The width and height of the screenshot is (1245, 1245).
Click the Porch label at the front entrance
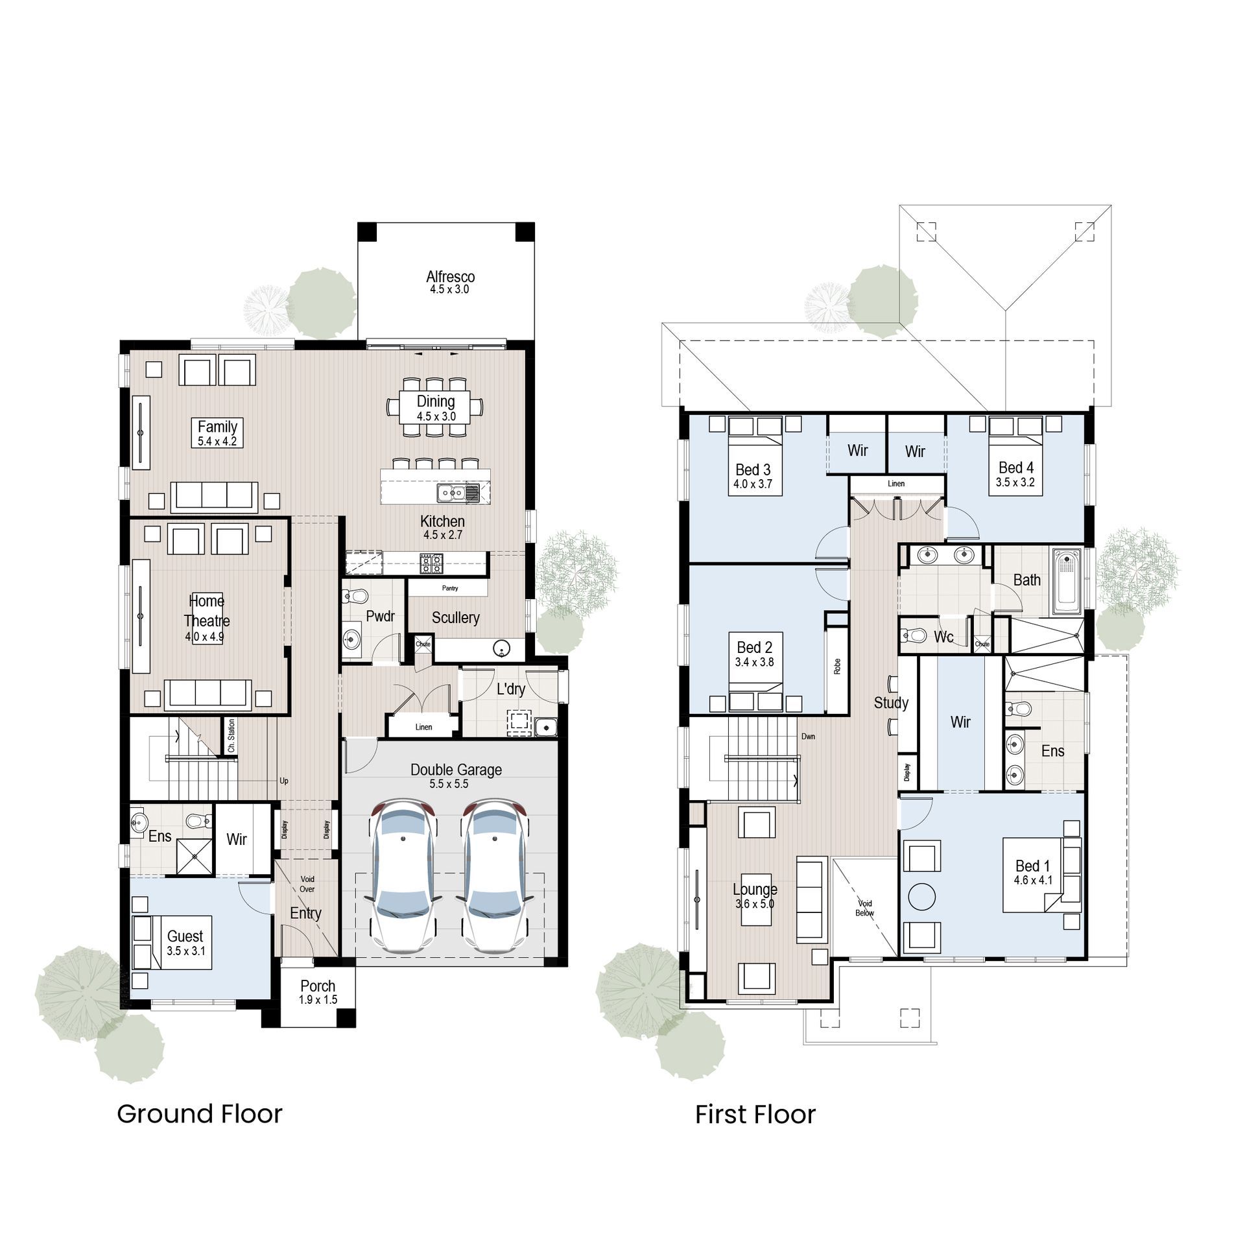(x=318, y=991)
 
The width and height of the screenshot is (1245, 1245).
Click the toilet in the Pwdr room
(x=356, y=595)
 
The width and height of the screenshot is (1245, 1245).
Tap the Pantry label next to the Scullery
(x=449, y=588)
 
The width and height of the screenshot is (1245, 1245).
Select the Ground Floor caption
(x=199, y=1113)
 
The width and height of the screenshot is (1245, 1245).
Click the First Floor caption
(x=755, y=1114)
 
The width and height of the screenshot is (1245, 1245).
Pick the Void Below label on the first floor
(x=864, y=908)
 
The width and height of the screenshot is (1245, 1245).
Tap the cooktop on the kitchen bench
(x=432, y=563)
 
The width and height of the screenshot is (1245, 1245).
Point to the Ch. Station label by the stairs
(x=231, y=735)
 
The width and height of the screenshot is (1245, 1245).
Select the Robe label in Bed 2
(x=837, y=665)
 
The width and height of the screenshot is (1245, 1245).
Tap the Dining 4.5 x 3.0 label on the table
(x=436, y=409)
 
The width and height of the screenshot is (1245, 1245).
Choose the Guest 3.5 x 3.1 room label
(x=185, y=942)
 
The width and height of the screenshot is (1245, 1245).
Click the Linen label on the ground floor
(x=423, y=727)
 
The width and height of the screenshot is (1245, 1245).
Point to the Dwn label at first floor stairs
(x=808, y=737)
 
